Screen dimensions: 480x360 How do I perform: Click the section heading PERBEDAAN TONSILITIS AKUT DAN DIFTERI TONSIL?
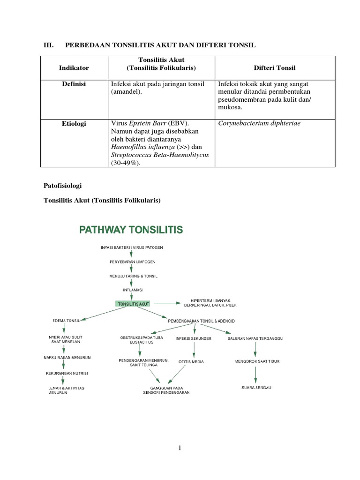[160, 45]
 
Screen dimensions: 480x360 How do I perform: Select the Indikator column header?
[74, 68]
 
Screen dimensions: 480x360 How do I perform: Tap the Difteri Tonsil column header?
[275, 68]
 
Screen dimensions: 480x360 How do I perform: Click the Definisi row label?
[74, 84]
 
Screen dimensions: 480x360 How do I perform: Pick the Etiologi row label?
[74, 124]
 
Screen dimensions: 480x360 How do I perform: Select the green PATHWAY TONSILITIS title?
[131, 230]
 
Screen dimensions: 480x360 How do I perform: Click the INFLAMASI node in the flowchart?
[132, 290]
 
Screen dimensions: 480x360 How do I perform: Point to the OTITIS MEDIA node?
[191, 362]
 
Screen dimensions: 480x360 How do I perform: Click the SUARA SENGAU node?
[256, 388]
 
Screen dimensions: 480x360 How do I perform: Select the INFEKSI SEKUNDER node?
[193, 338]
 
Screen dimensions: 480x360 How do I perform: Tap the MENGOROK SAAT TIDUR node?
[257, 361]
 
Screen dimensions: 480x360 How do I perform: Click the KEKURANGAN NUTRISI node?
[67, 373]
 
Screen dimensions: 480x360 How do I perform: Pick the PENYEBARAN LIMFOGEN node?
[132, 261]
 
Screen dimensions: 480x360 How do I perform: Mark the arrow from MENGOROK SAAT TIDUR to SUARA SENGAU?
[255, 374]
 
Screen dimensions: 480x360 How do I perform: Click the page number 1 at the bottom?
[180, 448]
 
